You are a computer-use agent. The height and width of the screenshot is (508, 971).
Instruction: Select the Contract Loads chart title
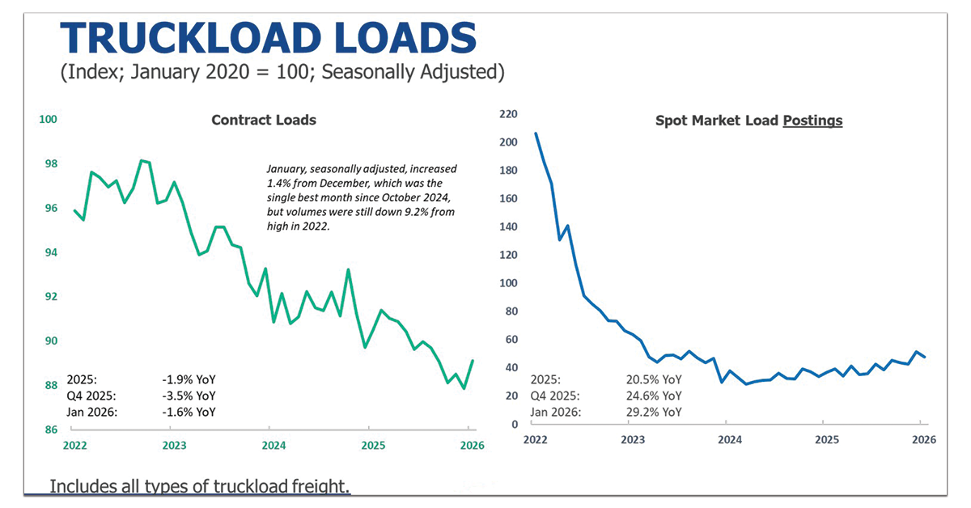263,120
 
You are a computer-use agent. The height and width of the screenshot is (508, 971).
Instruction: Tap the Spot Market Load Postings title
748,121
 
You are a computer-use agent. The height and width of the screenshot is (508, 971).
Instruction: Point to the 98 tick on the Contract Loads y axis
50,164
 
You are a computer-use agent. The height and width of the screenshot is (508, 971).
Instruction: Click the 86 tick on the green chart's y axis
50,430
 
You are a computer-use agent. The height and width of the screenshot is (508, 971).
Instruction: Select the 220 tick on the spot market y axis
507,114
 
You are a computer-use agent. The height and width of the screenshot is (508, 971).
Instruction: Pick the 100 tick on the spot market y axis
507,283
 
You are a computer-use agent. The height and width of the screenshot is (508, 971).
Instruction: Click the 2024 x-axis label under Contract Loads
273,445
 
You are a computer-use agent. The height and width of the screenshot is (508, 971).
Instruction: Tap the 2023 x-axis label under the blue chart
632,439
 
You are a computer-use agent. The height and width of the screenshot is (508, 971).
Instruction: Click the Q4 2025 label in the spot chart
555,396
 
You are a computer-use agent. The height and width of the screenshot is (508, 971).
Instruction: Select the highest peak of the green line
142,160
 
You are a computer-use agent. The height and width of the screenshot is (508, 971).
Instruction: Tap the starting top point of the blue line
536,133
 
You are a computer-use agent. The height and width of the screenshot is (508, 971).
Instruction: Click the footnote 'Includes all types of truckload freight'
200,486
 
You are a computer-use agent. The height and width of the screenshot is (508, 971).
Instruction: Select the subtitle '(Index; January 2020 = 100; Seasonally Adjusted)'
282,73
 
